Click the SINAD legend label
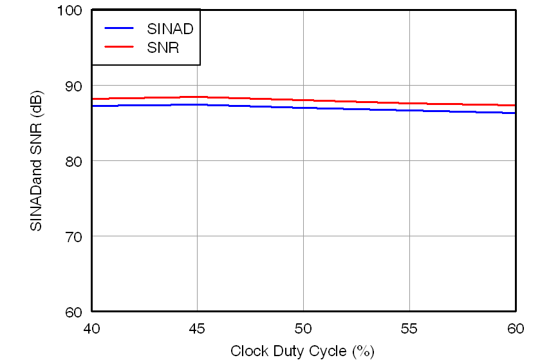click(170, 28)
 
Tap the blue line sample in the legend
click(119, 28)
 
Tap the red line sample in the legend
click(119, 46)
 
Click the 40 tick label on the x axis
click(91, 328)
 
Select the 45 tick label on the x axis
click(198, 328)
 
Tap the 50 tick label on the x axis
click(303, 328)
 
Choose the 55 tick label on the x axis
click(409, 328)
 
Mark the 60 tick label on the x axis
click(515, 328)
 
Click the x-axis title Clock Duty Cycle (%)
click(303, 351)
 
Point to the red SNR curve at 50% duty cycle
click(303, 100)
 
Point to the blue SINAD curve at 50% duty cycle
click(303, 108)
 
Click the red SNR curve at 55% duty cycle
click(409, 103)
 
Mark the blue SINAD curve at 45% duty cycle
click(198, 104)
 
